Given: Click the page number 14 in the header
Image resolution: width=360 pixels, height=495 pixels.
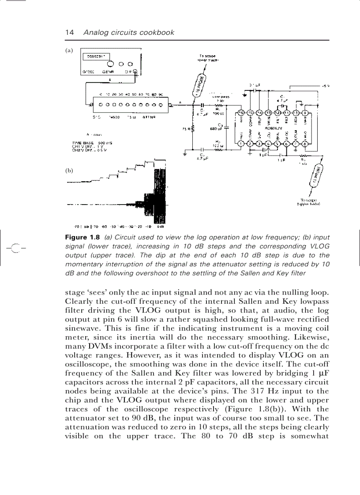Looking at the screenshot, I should (69, 33).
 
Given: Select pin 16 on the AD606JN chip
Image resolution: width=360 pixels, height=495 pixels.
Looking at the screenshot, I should (241, 113).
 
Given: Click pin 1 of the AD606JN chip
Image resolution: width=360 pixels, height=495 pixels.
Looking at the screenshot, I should (241, 143).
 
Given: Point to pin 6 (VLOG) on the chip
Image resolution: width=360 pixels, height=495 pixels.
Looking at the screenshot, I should (286, 143).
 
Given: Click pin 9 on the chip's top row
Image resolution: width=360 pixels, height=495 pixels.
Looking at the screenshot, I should (305, 113).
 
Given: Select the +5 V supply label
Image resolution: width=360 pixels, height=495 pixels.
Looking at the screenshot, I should (326, 86).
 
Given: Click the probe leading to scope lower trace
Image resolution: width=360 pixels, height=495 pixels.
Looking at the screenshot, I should (199, 86).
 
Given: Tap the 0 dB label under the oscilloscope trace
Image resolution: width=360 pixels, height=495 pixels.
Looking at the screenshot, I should (161, 227).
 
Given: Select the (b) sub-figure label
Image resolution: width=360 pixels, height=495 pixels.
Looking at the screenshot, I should (69, 170).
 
